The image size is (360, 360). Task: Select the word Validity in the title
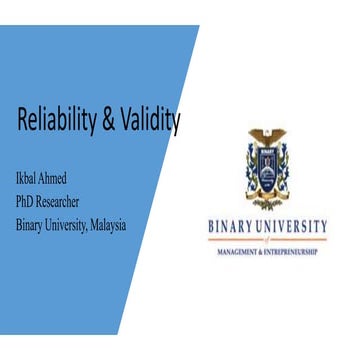tap(150, 122)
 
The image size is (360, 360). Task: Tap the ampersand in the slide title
tap(109, 122)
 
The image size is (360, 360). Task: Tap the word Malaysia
tap(103, 224)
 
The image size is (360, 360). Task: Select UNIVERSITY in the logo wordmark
tap(293, 226)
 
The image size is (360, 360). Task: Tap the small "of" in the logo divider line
tap(268, 240)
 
